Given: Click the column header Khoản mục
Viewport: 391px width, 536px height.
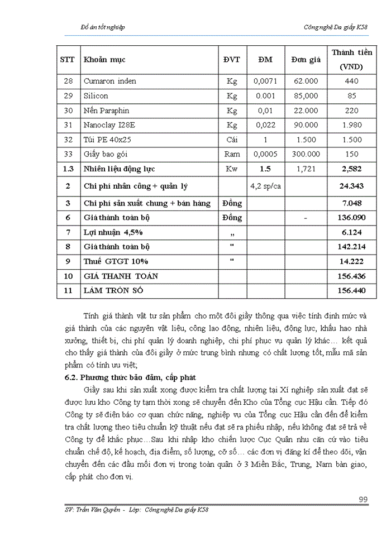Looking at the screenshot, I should pyautogui.click(x=104, y=59).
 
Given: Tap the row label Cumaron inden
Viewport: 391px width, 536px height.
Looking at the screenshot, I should pyautogui.click(x=109, y=81).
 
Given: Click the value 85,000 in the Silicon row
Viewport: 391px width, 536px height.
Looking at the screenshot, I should pyautogui.click(x=306, y=96).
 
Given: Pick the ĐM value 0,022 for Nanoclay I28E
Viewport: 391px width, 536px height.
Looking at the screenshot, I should pyautogui.click(x=265, y=125).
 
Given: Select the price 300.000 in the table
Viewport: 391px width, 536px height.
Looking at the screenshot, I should pyautogui.click(x=306, y=154).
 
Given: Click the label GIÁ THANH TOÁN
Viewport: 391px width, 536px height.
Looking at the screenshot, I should pyautogui.click(x=121, y=276).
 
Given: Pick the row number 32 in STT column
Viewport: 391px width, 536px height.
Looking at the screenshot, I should pyautogui.click(x=68, y=140).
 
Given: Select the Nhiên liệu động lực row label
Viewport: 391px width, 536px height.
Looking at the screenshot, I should pyautogui.click(x=119, y=169).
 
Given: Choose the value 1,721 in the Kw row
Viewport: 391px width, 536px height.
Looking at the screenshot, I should pyautogui.click(x=306, y=169).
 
